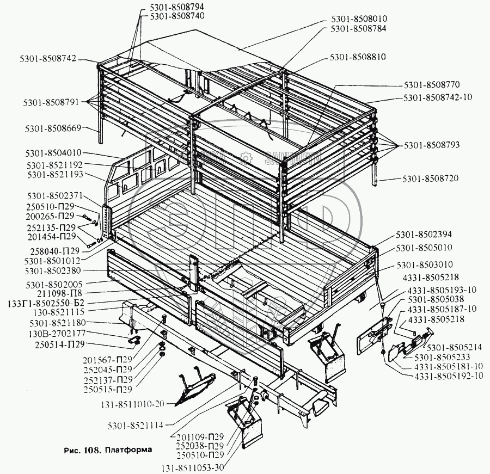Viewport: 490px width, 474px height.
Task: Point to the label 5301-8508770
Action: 432,86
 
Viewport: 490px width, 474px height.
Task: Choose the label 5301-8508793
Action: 432,145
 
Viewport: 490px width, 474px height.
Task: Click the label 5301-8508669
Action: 53,128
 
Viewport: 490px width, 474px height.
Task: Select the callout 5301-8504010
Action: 53,153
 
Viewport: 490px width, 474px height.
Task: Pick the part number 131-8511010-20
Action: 133,403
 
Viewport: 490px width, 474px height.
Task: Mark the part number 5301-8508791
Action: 52,102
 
